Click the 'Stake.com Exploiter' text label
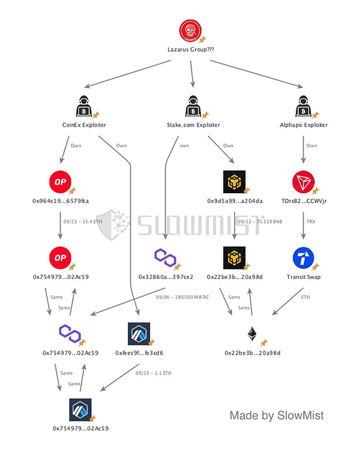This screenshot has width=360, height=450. (x=193, y=125)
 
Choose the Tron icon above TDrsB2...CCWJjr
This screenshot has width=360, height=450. (x=304, y=181)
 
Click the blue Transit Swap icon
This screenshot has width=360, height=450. (x=304, y=257)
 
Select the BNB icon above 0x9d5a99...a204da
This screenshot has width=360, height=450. (x=235, y=181)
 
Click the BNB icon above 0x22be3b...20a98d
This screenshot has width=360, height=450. (x=235, y=257)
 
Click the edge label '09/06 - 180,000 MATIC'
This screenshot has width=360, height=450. (x=182, y=298)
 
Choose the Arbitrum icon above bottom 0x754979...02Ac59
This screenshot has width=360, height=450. (x=81, y=409)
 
